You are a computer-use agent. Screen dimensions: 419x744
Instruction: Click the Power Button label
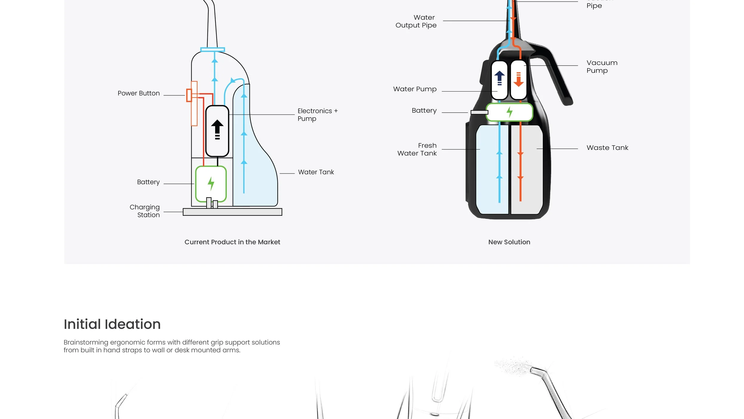139,93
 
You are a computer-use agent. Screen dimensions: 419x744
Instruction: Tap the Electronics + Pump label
317,115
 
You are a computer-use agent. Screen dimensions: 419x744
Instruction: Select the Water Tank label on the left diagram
316,172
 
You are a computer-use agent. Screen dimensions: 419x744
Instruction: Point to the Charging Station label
145,211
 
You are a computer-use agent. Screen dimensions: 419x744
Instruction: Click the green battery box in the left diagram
211,183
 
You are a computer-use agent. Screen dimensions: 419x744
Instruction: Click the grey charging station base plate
232,212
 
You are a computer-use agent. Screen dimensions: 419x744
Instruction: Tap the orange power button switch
189,95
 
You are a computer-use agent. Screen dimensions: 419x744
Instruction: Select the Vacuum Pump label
601,67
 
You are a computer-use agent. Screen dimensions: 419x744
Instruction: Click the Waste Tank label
607,148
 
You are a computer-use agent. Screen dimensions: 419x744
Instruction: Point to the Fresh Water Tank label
417,150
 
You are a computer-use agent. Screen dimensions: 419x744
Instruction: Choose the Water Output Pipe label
416,21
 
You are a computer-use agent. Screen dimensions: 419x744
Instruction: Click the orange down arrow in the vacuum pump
518,80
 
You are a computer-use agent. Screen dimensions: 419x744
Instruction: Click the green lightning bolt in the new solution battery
509,112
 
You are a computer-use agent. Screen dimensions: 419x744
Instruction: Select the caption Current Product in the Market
232,242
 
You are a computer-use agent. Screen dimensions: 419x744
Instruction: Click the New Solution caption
509,242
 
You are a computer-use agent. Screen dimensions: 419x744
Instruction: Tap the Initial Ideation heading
112,324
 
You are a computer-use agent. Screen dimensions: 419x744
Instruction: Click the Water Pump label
415,89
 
